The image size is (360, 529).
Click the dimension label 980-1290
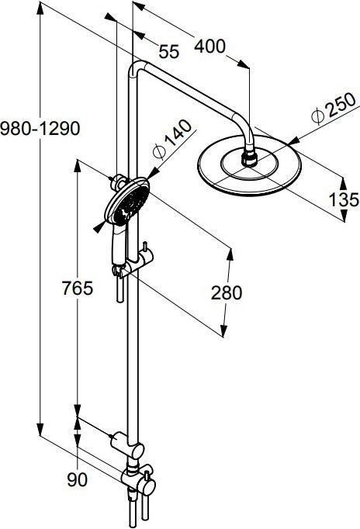[x=40, y=128]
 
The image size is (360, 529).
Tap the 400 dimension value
[x=209, y=47]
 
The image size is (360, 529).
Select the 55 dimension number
[x=168, y=52]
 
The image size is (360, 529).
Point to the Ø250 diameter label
[x=334, y=109]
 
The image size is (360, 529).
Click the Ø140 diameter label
[x=171, y=139]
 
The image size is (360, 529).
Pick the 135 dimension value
[x=344, y=199]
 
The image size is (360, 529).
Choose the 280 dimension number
[x=227, y=292]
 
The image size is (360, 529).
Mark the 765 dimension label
[x=78, y=289]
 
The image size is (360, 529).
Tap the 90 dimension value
[x=78, y=479]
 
